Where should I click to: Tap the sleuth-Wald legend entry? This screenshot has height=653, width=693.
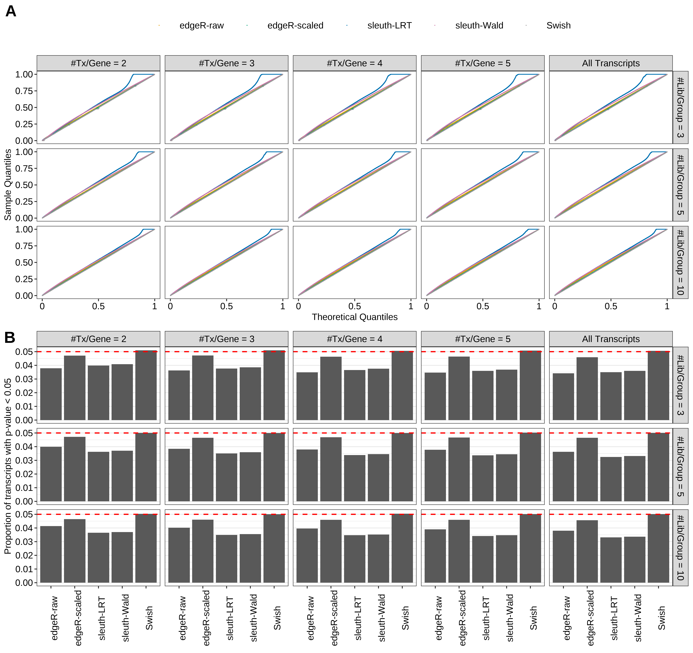point(479,25)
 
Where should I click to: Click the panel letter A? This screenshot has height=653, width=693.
point(11,12)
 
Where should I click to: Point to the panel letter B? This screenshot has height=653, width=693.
point(10,338)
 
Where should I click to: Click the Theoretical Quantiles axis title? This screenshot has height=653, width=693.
point(355,317)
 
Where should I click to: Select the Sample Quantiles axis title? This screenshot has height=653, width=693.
point(8,185)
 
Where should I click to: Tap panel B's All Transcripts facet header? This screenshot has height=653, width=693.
point(611,339)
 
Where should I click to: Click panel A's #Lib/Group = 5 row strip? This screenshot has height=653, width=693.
point(680,185)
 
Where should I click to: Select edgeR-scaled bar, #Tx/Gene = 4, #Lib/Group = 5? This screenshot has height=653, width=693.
point(331,469)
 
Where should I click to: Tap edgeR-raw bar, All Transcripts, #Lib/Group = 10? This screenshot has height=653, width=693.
point(563,556)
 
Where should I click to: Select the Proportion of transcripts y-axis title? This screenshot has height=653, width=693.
point(8,466)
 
